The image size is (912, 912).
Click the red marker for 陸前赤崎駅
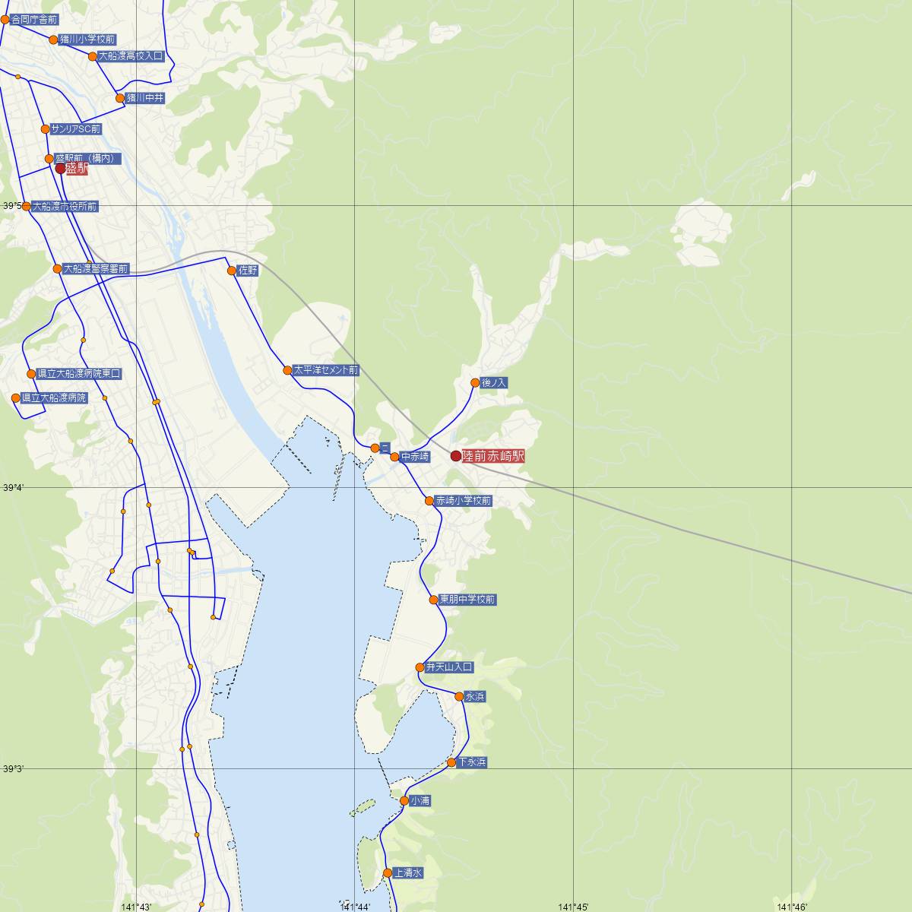click(x=456, y=456)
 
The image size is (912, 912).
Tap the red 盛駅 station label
click(x=76, y=169)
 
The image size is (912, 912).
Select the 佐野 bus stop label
click(x=248, y=270)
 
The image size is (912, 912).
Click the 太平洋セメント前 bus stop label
click(x=326, y=370)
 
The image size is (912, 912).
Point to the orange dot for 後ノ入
click(x=476, y=383)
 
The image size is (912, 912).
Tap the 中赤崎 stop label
click(x=416, y=457)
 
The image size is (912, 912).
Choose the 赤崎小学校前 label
click(x=464, y=501)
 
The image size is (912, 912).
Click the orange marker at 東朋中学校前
click(x=434, y=600)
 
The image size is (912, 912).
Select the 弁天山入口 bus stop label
click(x=449, y=667)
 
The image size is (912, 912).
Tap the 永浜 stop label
click(x=475, y=696)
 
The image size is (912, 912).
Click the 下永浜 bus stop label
click(x=472, y=762)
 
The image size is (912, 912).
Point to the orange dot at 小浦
click(x=404, y=800)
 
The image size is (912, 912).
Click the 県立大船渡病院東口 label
click(x=79, y=374)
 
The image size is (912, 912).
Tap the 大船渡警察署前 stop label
click(x=96, y=269)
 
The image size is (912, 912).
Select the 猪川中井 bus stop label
click(x=145, y=98)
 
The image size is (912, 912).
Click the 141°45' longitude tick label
click(x=574, y=907)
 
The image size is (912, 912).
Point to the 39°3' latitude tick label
click(x=14, y=768)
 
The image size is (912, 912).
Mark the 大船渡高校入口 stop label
click(x=131, y=55)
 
